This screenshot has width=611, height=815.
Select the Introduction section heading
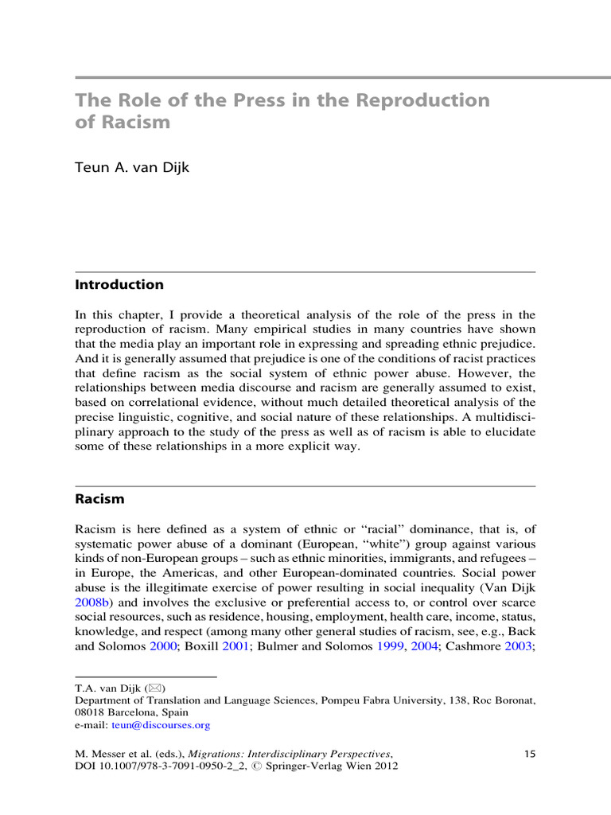point(119,284)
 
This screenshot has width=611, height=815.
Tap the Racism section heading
point(99,499)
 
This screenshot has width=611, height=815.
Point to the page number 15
point(531,753)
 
